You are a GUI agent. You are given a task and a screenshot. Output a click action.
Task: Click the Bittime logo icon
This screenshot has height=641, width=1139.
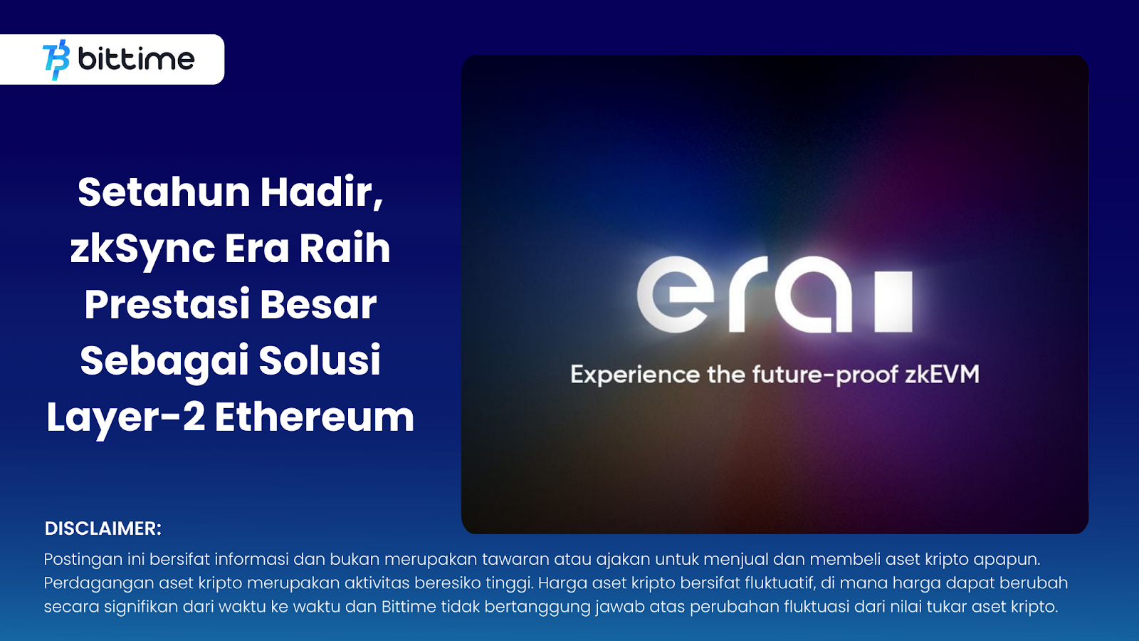tap(56, 60)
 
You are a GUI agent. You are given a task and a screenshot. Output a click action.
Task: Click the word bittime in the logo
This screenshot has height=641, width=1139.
tap(136, 59)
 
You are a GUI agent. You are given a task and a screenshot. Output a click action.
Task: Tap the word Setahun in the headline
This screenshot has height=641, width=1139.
tap(164, 192)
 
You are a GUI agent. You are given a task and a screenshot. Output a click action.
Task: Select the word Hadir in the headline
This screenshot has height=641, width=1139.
tap(320, 192)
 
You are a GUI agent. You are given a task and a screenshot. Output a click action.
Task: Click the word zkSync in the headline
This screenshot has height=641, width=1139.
tap(142, 249)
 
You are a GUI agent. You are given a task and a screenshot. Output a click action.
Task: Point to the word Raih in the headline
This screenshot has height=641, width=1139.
tap(345, 249)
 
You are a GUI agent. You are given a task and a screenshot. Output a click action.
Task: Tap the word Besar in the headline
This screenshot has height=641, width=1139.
tap(317, 305)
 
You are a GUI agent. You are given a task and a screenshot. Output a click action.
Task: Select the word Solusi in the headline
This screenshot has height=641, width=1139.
tap(320, 360)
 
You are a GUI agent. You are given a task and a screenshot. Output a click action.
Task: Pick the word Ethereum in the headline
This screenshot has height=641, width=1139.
tap(314, 417)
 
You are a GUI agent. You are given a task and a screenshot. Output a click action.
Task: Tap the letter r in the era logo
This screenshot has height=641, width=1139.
tap(747, 294)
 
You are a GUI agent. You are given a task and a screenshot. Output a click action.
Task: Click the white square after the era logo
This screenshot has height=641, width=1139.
tap(893, 301)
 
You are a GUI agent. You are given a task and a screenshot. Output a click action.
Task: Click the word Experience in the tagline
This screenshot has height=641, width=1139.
tap(635, 375)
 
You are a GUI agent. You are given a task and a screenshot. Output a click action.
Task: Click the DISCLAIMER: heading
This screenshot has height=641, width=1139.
tap(103, 528)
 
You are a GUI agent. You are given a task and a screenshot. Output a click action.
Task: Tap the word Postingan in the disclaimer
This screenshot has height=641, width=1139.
tap(83, 560)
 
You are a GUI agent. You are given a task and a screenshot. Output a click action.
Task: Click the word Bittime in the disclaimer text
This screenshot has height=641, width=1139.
tap(409, 607)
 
